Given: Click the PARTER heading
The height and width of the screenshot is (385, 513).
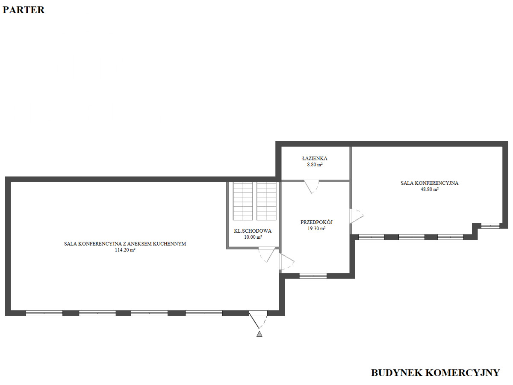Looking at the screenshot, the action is (24, 10).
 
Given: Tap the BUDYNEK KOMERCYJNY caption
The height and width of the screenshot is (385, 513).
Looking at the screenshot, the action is (435, 373).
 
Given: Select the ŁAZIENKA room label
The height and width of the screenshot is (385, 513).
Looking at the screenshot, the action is (315, 158).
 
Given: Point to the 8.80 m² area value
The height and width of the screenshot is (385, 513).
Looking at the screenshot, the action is (315, 165).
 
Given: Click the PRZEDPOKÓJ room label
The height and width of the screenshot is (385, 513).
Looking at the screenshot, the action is (316, 222).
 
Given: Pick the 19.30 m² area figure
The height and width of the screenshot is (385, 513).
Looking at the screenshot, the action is (316, 228).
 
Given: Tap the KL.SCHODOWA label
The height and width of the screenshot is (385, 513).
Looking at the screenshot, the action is (253, 231).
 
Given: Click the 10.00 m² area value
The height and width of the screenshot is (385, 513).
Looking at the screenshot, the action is (253, 237).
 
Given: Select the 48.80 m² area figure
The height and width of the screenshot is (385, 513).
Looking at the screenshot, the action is (430, 190).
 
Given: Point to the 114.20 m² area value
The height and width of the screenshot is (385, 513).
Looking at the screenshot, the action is (125, 250).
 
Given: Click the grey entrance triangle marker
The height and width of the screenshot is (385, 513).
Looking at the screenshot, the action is (259, 334).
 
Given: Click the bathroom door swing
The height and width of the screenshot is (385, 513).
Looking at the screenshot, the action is (311, 187).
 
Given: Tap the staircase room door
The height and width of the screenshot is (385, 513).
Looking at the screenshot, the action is (267, 255).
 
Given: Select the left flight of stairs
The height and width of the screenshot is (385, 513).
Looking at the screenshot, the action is (243, 201).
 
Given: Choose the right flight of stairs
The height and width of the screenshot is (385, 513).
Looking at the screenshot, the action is (266, 201).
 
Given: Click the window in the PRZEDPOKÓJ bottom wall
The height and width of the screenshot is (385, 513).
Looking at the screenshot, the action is (313, 276).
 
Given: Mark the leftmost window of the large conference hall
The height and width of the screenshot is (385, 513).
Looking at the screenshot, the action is (44, 313).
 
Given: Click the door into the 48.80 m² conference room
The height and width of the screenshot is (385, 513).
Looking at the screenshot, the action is (356, 216).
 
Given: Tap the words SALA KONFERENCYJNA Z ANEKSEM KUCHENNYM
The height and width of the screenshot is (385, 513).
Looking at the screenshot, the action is (125, 244).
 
